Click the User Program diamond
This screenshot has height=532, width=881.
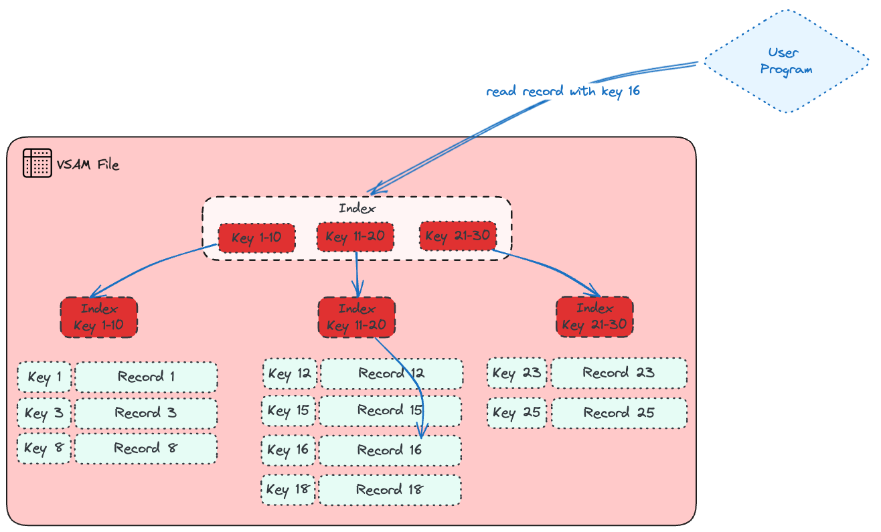coord(787,62)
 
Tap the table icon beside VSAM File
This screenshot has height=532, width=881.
coord(37,163)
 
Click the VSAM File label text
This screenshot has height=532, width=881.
coord(88,165)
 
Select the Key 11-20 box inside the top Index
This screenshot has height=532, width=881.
coord(355,237)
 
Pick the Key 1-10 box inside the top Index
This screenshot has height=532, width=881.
coord(256,238)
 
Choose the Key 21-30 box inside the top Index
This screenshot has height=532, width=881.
coord(458,236)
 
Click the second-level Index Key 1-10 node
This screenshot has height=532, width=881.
coord(98,317)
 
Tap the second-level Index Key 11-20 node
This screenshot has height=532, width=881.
coord(356,317)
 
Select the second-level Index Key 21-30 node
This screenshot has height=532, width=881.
coord(594,317)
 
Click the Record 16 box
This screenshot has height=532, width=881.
coord(390,450)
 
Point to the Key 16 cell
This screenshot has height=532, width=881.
coord(288,450)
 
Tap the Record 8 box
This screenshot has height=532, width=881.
coord(145,448)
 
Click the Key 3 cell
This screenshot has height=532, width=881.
coord(44,413)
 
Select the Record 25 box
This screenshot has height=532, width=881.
coord(619,413)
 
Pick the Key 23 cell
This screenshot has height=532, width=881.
coord(516,373)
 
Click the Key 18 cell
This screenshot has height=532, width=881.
coord(288,489)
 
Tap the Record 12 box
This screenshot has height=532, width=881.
coord(392,373)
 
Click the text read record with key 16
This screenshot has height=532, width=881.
coord(563,91)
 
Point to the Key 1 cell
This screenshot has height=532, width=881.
coord(44,377)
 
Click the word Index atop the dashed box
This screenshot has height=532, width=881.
coord(357,208)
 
